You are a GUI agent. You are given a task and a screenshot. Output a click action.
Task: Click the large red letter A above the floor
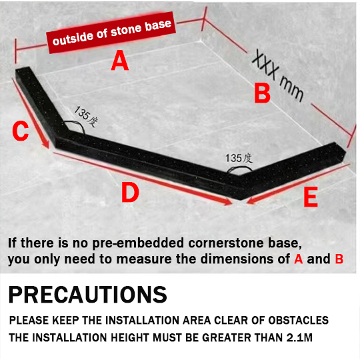[x=119, y=61]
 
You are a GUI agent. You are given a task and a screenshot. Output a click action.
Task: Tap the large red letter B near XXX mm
[x=262, y=93]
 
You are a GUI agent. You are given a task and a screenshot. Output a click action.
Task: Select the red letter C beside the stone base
[x=21, y=131]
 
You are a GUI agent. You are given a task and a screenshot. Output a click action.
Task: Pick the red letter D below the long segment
[x=130, y=192]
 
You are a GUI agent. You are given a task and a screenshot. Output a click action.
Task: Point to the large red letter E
[x=311, y=197]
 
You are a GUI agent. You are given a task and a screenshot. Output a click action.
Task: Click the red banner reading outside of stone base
[x=111, y=33]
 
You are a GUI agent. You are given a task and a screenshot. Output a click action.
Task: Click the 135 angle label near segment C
[x=85, y=116]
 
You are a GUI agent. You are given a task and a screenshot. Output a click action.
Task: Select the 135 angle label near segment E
[x=239, y=159]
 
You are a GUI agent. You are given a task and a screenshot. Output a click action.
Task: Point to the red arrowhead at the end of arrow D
[x=228, y=202]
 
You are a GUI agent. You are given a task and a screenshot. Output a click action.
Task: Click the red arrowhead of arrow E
[x=251, y=201]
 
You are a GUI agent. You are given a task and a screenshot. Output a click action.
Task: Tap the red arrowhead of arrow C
[x=46, y=145]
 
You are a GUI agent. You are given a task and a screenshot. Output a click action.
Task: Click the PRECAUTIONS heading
[x=88, y=295]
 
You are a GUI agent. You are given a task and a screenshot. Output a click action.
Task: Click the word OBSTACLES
[x=298, y=320]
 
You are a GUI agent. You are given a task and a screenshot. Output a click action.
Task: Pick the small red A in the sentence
[x=299, y=259]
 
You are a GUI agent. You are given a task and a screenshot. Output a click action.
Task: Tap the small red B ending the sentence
[x=339, y=259]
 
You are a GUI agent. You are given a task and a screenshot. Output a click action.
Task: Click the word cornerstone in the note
[x=226, y=243]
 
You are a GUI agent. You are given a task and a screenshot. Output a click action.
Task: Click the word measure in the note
[x=144, y=259]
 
